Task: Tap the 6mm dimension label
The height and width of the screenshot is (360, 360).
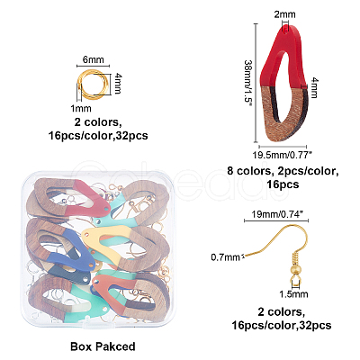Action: coord(94,59)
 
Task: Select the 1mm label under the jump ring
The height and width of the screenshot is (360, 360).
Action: coord(80,108)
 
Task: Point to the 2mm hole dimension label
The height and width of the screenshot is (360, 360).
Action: coord(284,14)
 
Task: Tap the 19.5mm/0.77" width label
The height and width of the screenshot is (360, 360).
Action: coord(283,155)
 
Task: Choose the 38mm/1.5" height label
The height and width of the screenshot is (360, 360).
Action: coord(248,85)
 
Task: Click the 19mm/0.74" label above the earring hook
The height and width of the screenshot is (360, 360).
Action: coord(276,214)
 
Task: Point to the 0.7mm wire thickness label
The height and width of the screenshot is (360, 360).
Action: coord(225,257)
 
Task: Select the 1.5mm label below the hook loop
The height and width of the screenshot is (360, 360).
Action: coord(293,294)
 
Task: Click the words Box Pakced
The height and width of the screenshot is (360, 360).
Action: coord(103,346)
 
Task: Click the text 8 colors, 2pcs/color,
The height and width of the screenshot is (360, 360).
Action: coord(283,171)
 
